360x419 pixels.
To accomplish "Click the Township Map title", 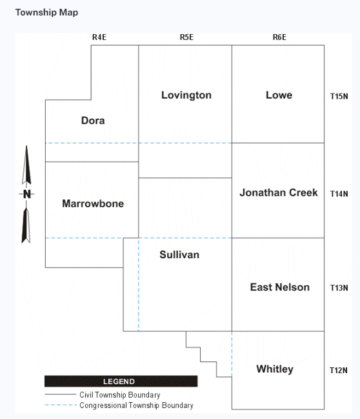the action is (x=46, y=12).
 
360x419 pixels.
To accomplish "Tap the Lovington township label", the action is (x=186, y=96).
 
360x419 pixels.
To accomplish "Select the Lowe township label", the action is (x=279, y=95).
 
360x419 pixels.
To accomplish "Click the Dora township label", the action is (x=93, y=121).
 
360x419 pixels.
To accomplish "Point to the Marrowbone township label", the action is (x=93, y=203).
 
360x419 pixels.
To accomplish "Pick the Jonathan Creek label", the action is (x=279, y=192).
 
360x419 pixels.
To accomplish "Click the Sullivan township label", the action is (x=179, y=254).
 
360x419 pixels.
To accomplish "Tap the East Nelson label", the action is (x=280, y=287).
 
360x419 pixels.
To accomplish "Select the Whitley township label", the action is (x=275, y=369).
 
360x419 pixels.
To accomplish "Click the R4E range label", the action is (x=99, y=37).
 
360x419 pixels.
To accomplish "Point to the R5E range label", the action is (x=186, y=37).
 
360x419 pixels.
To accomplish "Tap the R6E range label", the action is (x=279, y=37).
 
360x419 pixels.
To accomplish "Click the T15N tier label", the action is (x=339, y=96).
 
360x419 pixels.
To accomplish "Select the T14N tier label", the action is (x=339, y=194).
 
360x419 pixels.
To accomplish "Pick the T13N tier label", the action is (x=339, y=288).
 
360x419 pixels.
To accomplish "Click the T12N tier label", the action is (x=339, y=371).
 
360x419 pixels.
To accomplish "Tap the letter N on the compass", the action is (x=26, y=194).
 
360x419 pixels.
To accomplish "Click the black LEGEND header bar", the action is (x=121, y=382).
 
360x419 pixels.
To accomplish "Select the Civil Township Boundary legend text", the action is (x=120, y=394).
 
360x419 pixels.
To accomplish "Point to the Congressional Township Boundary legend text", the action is (x=137, y=405).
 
